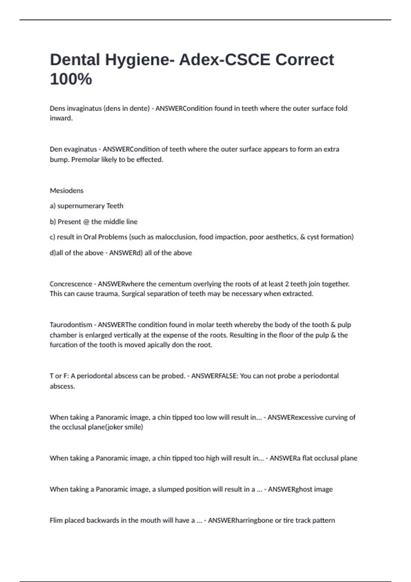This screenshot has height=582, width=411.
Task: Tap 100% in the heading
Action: (x=71, y=79)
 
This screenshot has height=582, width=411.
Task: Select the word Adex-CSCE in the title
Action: (x=225, y=60)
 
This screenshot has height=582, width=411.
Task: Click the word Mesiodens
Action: (x=66, y=191)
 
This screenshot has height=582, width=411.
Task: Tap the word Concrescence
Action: (x=71, y=284)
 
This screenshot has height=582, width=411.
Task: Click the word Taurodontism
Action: (x=71, y=325)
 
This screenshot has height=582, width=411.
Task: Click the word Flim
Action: (x=56, y=520)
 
